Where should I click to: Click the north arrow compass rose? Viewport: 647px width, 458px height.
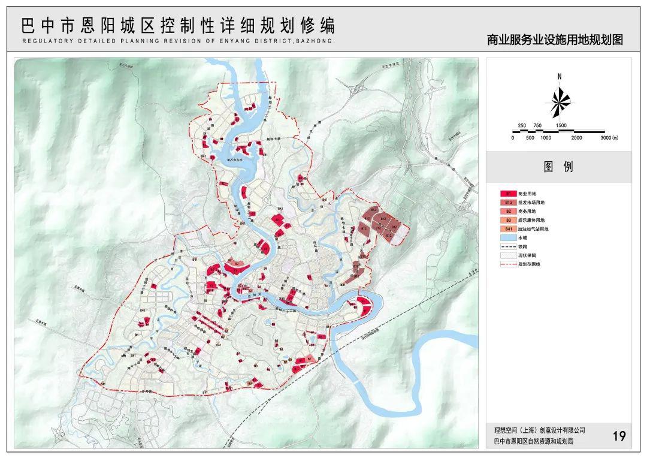558,102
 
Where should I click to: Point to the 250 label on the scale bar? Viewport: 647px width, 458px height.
521,125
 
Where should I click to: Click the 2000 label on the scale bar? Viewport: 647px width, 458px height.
576,138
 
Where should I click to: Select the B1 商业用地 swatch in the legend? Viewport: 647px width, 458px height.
508,194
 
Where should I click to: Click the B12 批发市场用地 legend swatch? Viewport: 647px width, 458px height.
508,203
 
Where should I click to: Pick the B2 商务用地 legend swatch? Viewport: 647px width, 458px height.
508,211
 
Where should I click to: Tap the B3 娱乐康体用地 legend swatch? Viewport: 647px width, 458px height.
508,220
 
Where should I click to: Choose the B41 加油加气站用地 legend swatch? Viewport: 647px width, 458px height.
508,229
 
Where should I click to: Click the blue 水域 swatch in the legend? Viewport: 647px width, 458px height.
508,238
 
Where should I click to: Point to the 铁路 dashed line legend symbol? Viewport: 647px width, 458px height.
508,246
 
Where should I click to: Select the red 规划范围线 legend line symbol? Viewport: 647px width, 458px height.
508,264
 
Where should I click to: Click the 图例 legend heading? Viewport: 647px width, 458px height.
558,167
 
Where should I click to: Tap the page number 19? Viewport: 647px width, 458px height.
619,436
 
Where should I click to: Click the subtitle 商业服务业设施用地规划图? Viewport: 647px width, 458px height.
555,40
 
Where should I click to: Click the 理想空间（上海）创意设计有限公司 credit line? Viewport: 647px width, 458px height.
539,430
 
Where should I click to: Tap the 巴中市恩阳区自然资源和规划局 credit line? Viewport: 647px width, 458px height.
533,441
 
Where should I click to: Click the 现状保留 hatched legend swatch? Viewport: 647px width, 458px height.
508,255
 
